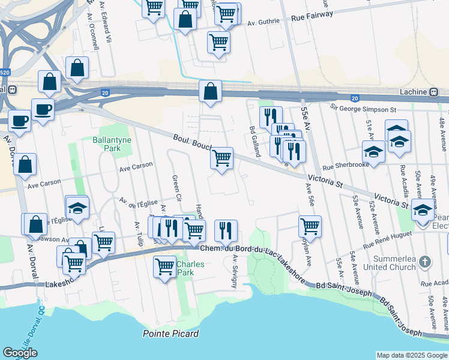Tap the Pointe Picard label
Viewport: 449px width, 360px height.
[x=170, y=334]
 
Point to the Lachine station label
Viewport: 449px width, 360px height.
[x=412, y=92]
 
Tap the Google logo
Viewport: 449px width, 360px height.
[x=20, y=353]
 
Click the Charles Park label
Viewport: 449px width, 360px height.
[x=190, y=268]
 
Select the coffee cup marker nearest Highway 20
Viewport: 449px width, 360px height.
[x=43, y=109]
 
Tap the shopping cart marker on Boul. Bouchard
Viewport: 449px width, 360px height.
[x=222, y=158]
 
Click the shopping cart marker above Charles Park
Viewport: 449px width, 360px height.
[x=164, y=265]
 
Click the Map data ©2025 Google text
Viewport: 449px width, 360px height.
[x=412, y=355]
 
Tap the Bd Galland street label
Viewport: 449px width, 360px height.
[x=255, y=142]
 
